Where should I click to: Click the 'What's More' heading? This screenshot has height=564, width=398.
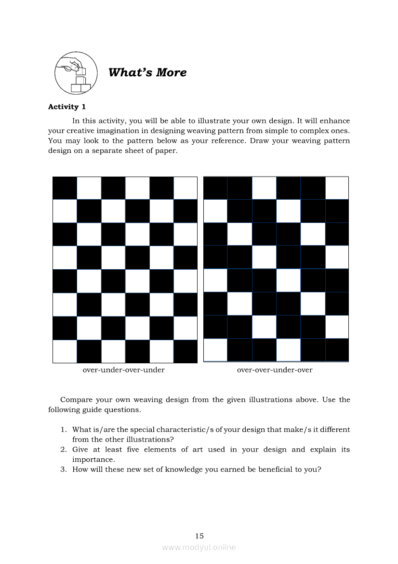(147, 72)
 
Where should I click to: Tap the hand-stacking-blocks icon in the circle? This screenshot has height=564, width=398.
(73, 73)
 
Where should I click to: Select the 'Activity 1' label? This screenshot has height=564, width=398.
(66, 107)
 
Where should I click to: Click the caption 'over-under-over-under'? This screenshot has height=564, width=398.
(124, 370)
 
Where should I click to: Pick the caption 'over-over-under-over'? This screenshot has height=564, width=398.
(275, 370)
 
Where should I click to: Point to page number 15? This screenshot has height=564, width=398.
(199, 536)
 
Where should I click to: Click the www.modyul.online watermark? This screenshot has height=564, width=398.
(199, 547)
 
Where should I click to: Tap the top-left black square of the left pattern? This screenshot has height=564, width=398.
(65, 188)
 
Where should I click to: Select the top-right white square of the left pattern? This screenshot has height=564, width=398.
(186, 188)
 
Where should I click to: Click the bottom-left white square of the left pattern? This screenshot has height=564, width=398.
(65, 351)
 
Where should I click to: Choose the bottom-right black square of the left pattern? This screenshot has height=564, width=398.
(186, 351)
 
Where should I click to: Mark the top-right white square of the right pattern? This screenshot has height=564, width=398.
(337, 188)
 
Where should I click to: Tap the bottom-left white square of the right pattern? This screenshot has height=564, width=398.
(215, 350)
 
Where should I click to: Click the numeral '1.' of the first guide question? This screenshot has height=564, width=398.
(63, 429)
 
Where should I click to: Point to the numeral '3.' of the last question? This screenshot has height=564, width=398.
(63, 469)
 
